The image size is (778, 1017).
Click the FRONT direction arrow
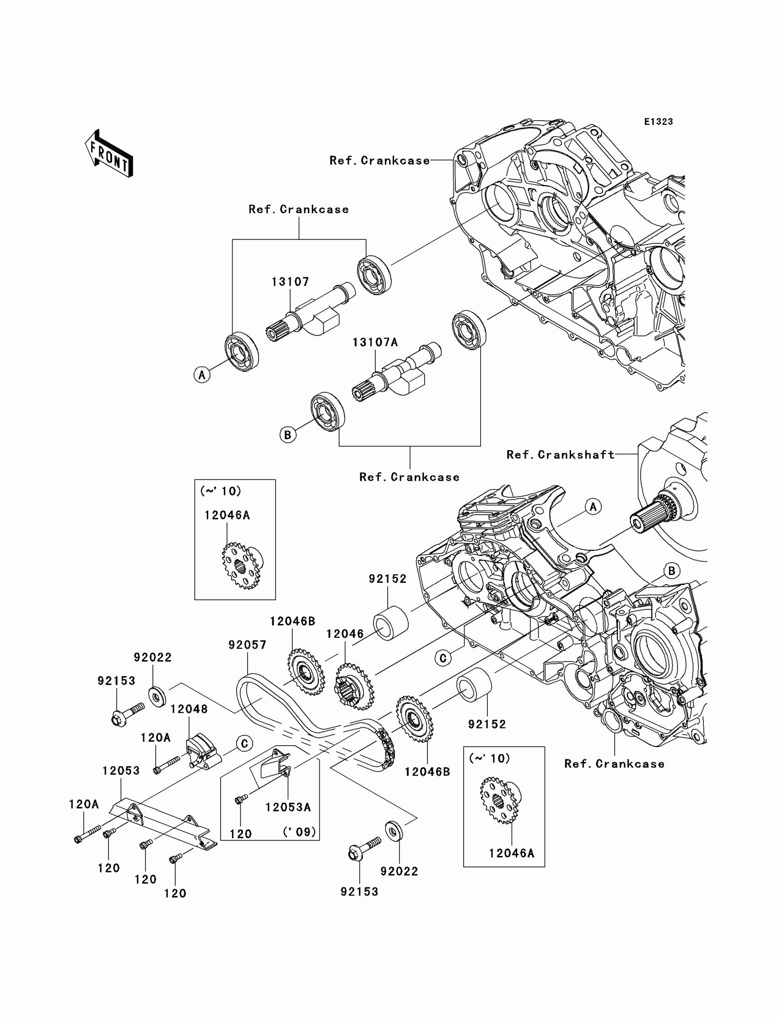[109, 154]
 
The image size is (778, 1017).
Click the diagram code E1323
[658, 122]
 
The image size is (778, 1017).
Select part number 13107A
[375, 343]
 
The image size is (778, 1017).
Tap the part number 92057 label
[247, 645]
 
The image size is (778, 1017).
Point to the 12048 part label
[189, 709]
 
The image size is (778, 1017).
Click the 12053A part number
[287, 807]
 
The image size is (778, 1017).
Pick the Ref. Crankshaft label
[560, 455]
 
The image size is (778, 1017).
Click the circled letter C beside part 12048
[244, 744]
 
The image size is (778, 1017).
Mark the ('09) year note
[300, 832]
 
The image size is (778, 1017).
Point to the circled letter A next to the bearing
[202, 375]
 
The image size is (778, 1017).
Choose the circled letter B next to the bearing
[287, 435]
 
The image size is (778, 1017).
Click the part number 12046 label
[345, 634]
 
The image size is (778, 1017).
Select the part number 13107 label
[290, 282]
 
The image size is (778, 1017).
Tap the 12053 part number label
[121, 771]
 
